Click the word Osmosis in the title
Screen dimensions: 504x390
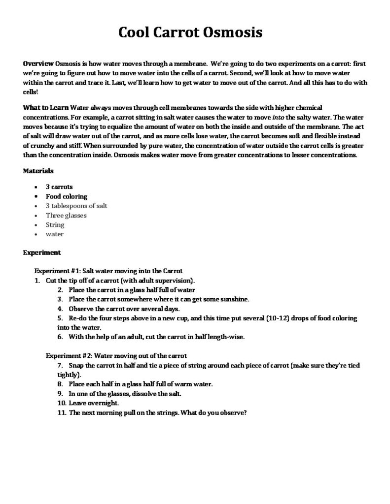pos(235,32)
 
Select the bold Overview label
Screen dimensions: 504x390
pos(38,64)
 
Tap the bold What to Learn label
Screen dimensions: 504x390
pos(46,107)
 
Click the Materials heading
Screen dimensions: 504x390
pos(38,171)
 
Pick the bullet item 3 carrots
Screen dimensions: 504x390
pos(59,187)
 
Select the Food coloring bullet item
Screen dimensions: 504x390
pos(67,196)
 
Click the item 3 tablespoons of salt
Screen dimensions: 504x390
pos(76,206)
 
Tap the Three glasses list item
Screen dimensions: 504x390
pos(66,215)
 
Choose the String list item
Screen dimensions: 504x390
pos(55,224)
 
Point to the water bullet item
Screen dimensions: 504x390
pos(55,234)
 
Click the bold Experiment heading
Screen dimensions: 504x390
pos(42,252)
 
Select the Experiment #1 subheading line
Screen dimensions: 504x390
pos(108,270)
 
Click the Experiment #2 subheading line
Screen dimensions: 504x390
pos(116,355)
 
